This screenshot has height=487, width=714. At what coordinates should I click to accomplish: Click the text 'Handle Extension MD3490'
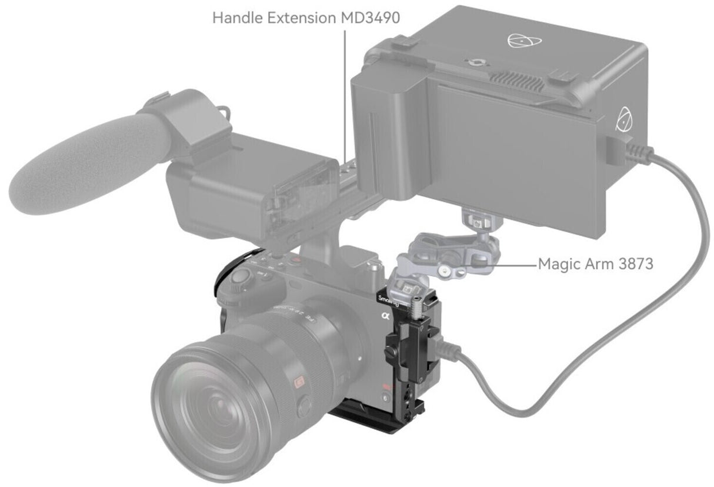(x=306, y=17)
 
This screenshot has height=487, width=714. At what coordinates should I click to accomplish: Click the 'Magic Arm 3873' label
(x=595, y=264)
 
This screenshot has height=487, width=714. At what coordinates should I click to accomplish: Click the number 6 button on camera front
(x=385, y=398)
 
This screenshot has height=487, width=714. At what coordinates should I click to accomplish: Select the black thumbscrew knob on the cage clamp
(x=390, y=352)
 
